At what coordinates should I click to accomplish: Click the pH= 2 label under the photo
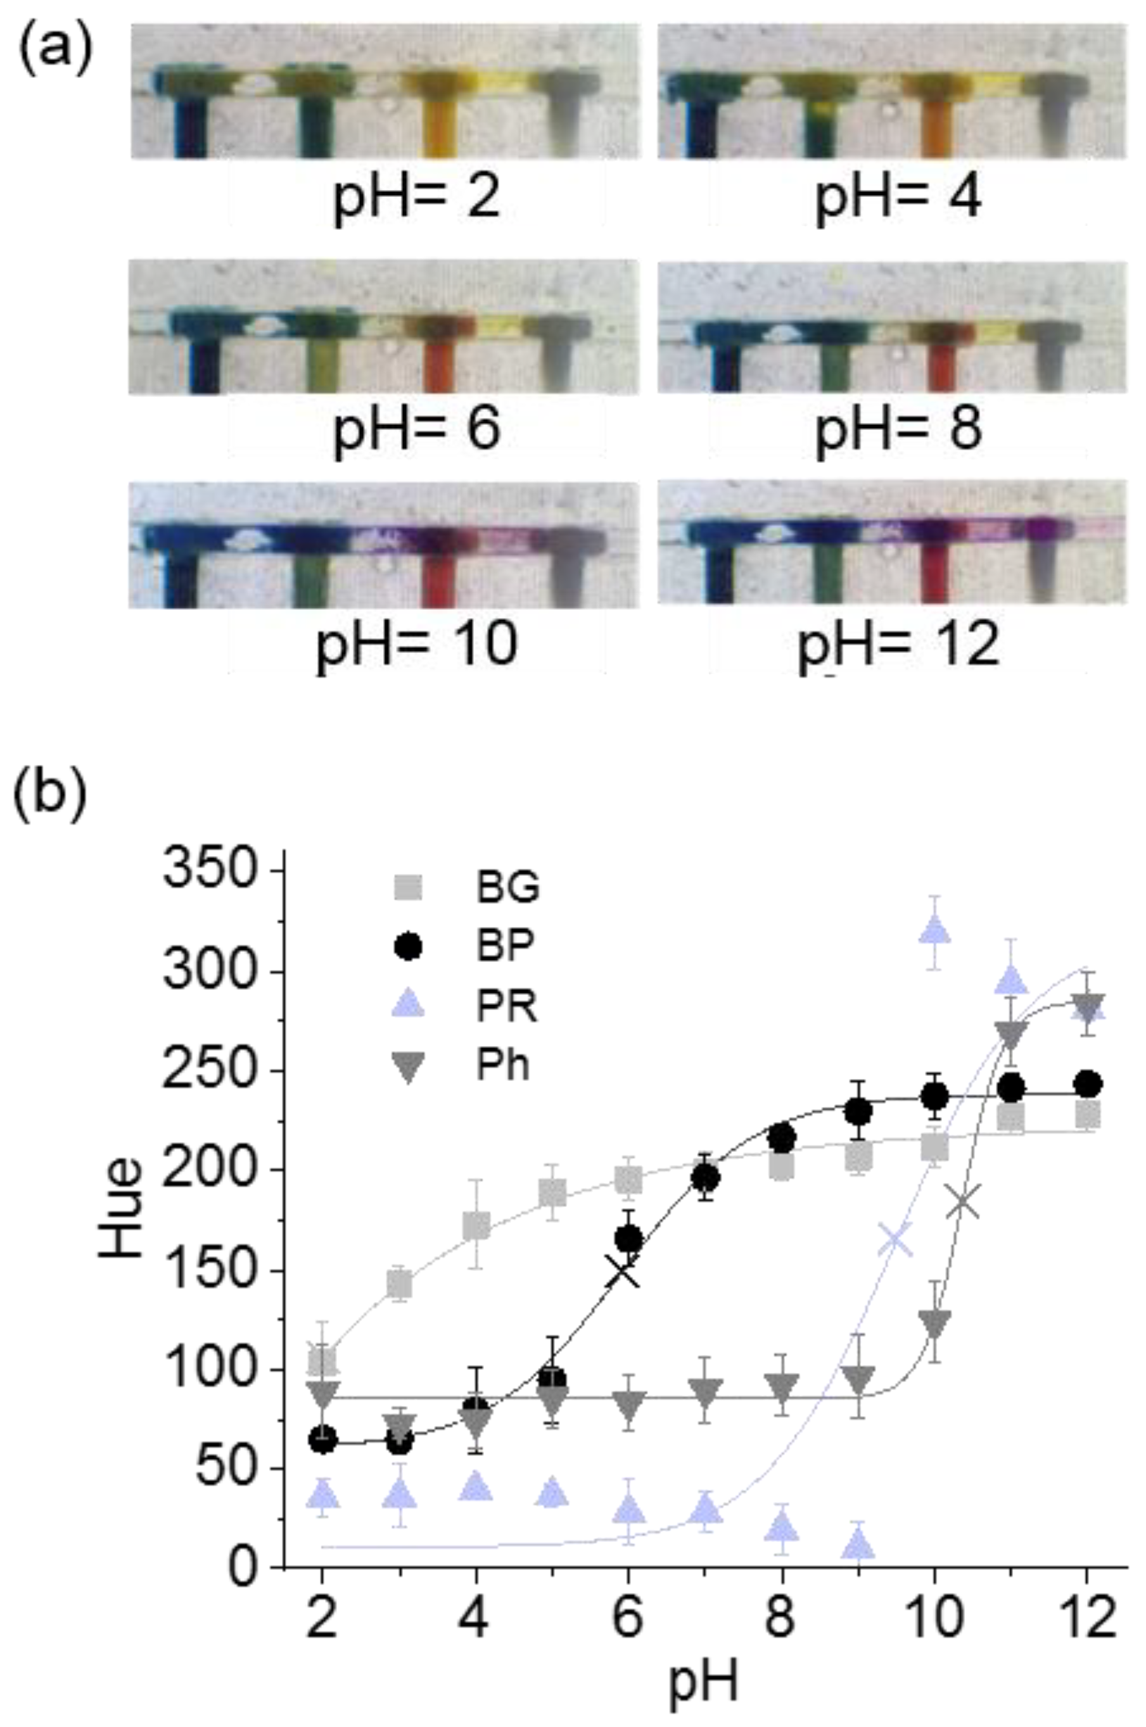(x=417, y=198)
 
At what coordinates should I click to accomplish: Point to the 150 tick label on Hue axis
(x=213, y=1271)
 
